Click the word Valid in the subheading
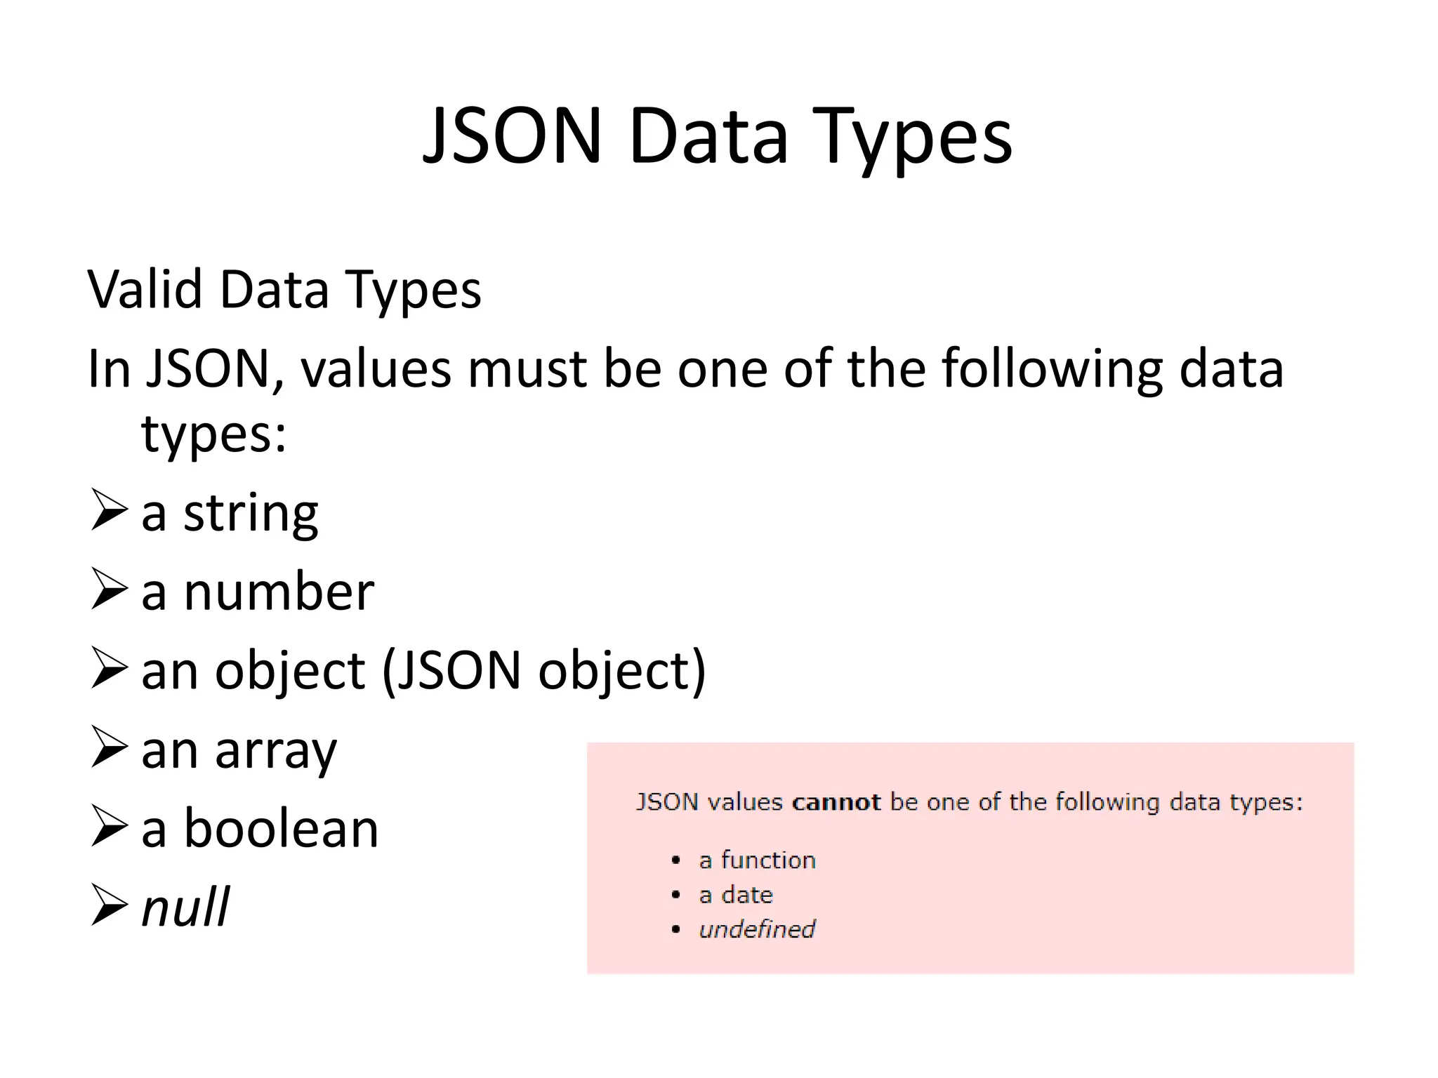(x=144, y=289)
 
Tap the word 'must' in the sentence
(x=527, y=369)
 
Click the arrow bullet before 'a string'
(x=110, y=510)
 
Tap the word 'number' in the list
(x=279, y=592)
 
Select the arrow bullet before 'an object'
(x=110, y=668)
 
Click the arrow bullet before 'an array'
(x=110, y=747)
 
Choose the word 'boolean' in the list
(x=281, y=828)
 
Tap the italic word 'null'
(x=185, y=907)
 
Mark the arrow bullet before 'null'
(x=110, y=905)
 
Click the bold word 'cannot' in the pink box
(x=836, y=802)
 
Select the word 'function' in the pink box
(x=768, y=860)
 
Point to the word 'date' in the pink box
(x=747, y=895)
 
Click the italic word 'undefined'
(x=757, y=930)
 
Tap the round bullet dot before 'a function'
(x=675, y=860)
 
